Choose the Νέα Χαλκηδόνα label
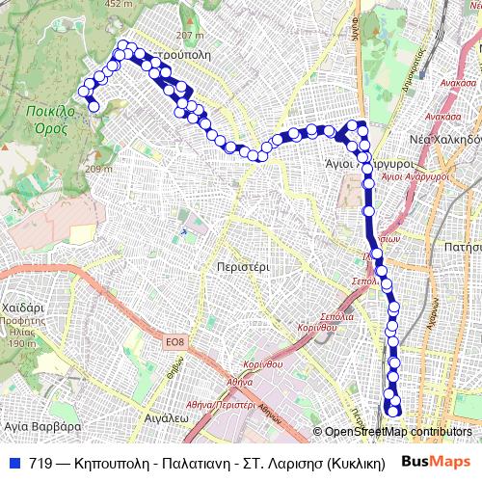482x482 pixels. coord(446,138)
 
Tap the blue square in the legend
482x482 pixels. coord(14,462)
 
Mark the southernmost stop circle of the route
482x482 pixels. coord(393,412)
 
